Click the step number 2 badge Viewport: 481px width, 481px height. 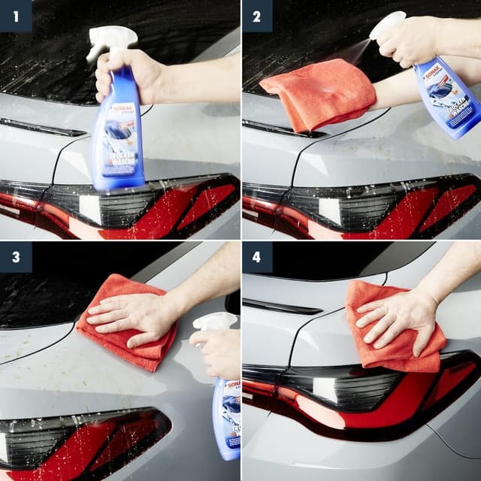coord(257,15)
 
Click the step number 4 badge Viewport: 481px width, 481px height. coord(257,257)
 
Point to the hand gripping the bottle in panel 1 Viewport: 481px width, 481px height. coord(128,75)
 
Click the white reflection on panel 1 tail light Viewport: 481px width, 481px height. coord(87,207)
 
